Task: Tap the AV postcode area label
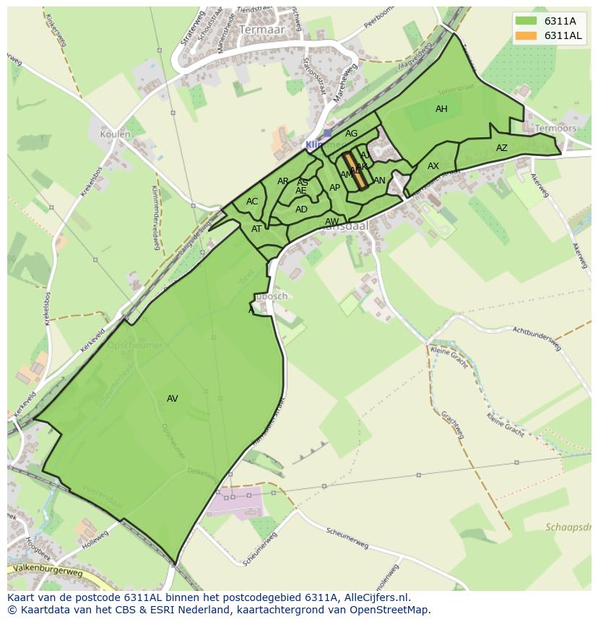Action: pos(173,399)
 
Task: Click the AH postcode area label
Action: pos(441,109)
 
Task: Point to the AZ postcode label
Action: pos(502,148)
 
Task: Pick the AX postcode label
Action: pos(433,166)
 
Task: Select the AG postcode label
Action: pos(352,134)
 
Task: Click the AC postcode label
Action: pos(252,202)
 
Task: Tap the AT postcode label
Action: pos(256,229)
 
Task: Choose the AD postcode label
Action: pos(301,210)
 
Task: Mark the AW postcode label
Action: pos(331,222)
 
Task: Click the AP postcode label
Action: pos(334,188)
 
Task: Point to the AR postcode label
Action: pos(283,181)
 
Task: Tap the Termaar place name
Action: pos(261,30)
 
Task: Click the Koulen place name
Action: pos(116,134)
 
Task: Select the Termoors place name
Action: pos(556,129)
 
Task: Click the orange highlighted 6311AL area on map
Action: pos(355,171)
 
